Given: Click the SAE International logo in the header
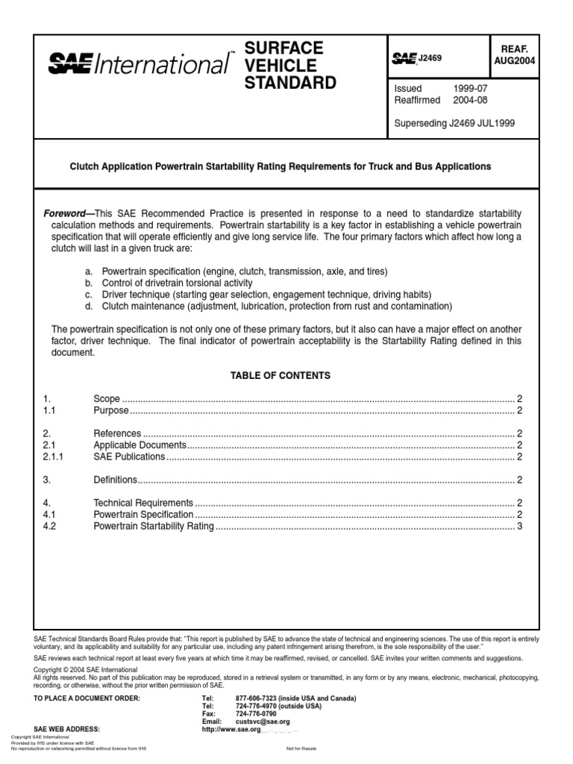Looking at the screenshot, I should click(140, 65).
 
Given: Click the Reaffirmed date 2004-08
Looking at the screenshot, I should click(470, 101).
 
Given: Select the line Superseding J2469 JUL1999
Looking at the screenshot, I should click(454, 123).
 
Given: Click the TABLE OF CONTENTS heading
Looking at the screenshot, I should click(281, 375).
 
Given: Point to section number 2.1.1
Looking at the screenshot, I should click(54, 457).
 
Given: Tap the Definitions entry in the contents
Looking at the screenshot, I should click(116, 480).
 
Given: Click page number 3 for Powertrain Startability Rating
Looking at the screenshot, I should click(519, 527).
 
